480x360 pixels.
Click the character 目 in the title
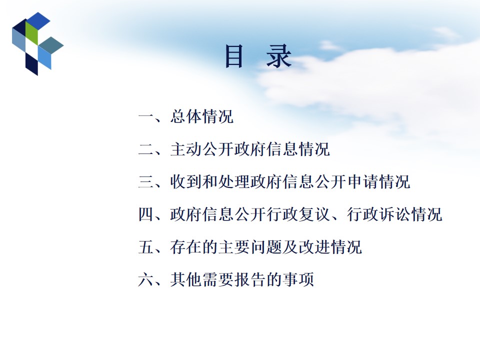234,56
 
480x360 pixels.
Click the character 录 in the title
278,56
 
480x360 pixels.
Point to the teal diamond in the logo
51,45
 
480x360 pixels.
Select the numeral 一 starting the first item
146,116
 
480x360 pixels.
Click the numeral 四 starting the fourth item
146,214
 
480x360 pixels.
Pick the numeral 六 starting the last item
146,279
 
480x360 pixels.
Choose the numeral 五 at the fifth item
146,246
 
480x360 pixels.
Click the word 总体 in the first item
186,116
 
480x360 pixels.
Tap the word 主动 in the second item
186,149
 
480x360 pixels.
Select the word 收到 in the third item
186,181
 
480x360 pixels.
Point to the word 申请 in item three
363,181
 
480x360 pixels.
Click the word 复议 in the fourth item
314,214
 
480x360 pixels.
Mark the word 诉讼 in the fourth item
394,214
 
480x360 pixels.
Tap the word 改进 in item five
314,246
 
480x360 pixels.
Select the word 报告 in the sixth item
250,279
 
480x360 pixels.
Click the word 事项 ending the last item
298,279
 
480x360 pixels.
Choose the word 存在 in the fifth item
186,246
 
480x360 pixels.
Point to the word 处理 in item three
234,181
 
